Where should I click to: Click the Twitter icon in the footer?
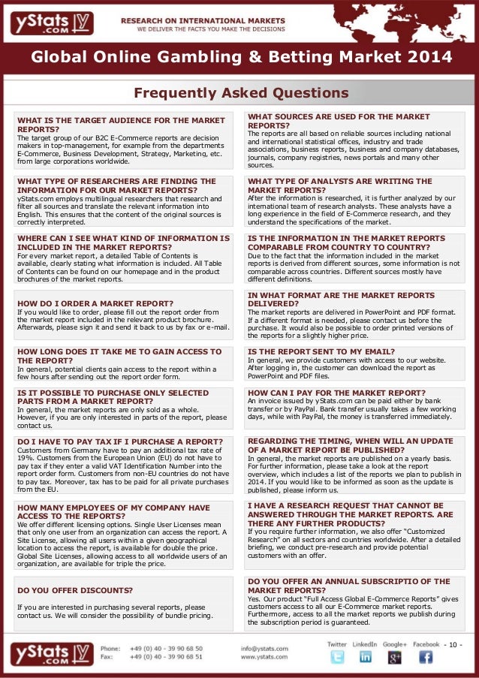coord(337,656)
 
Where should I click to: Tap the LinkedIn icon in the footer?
coord(366,656)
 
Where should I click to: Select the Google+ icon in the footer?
coord(395,656)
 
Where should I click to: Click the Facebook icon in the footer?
coord(426,656)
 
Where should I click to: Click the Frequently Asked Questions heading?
coord(240,93)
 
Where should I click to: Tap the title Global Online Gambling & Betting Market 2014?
coord(241,58)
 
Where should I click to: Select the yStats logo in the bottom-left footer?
coord(51,652)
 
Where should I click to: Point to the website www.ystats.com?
coord(261,657)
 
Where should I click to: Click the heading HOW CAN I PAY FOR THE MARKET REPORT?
coord(336,393)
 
